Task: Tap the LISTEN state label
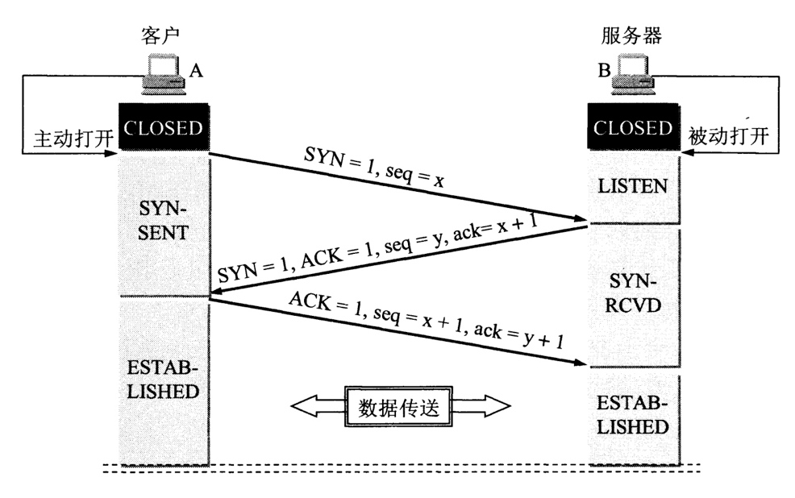(x=633, y=187)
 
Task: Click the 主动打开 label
(x=65, y=138)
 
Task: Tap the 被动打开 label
(x=729, y=138)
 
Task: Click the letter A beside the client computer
(x=196, y=72)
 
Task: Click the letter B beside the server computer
(x=603, y=72)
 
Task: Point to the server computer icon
(x=635, y=75)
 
